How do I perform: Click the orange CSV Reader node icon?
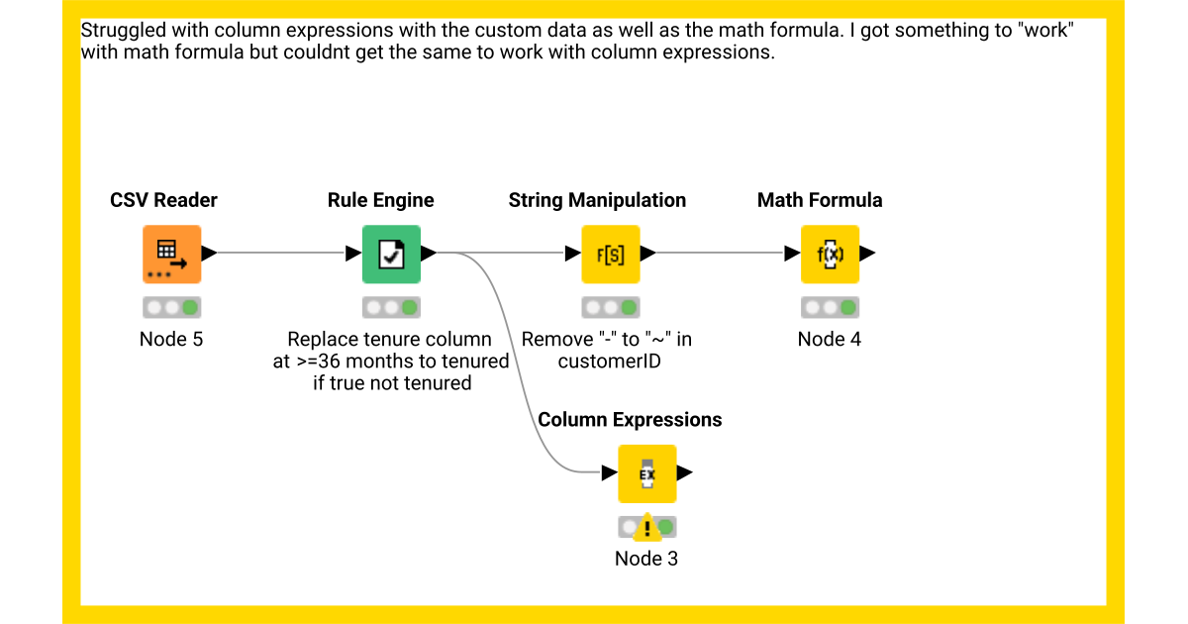171,255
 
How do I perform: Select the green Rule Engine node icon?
391,255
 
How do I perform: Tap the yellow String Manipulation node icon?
610,255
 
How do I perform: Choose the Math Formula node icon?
830,255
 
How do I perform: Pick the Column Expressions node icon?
646,473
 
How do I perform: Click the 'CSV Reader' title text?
163,200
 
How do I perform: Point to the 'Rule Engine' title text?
380,200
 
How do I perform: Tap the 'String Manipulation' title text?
597,200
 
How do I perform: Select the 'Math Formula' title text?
820,200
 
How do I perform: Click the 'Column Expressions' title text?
630,419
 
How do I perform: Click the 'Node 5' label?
171,339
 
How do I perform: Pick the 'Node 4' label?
830,339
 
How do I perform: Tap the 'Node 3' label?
646,558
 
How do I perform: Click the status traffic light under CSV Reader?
171,307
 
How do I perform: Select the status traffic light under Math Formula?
830,307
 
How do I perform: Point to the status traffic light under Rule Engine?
391,307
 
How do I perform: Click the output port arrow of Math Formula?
867,254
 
